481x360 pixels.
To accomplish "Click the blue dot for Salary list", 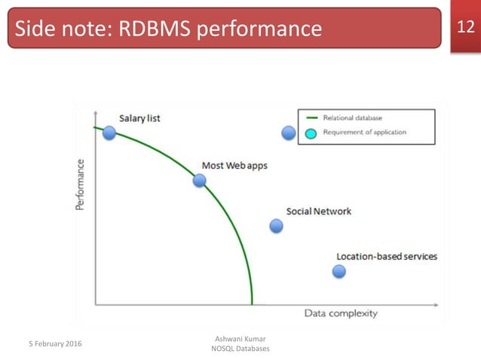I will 109,133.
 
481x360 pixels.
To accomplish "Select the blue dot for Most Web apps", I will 200,181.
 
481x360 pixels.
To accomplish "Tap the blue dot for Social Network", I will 276,226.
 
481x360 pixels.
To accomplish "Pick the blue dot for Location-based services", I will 339,271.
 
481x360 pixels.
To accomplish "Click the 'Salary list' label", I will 139,118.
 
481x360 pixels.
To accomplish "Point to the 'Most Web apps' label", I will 234,166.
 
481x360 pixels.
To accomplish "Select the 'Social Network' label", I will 318,212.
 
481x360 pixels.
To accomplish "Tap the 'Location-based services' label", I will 386,257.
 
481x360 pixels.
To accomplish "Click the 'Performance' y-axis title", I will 81,184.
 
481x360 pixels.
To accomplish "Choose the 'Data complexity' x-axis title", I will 341,313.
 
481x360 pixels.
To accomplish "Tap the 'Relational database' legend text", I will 352,118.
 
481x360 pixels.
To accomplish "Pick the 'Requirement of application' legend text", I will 364,133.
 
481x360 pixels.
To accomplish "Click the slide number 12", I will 465,28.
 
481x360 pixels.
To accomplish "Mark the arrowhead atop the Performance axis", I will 95,111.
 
